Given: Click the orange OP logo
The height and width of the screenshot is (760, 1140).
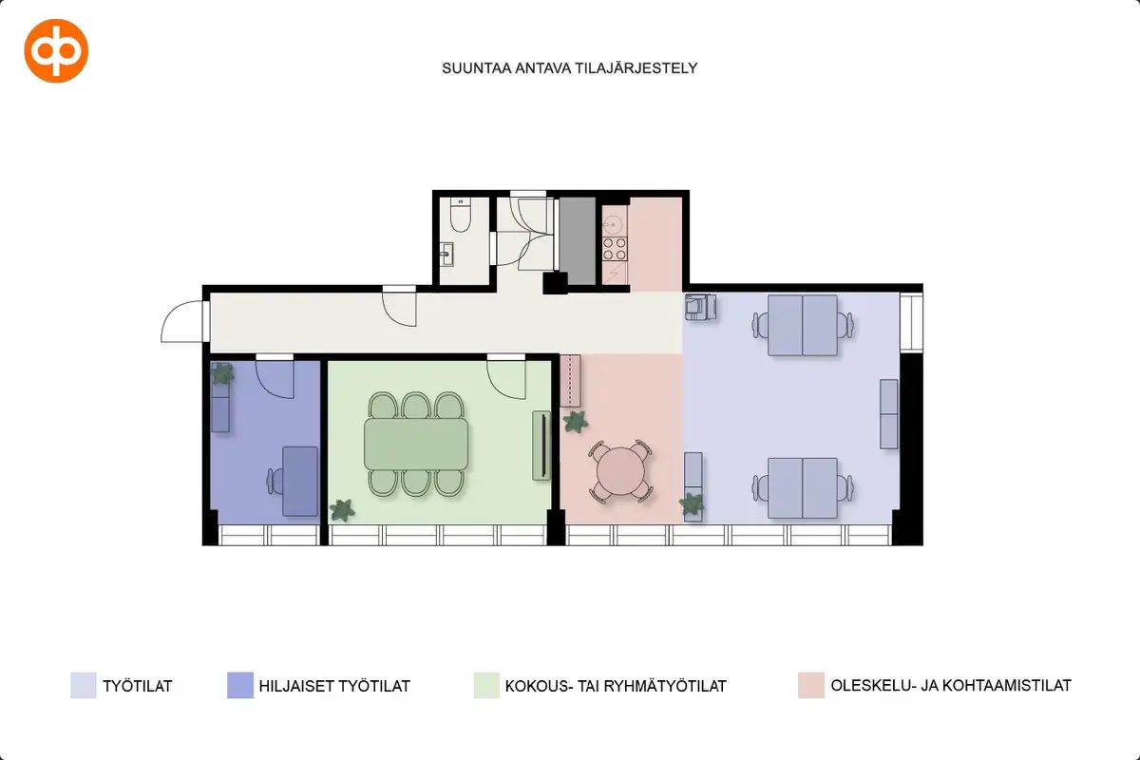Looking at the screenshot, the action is coord(56,51).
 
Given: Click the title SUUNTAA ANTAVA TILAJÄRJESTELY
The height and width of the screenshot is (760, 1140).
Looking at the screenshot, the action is coord(569,68).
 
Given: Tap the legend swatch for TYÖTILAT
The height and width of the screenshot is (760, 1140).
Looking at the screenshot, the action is coord(84,685).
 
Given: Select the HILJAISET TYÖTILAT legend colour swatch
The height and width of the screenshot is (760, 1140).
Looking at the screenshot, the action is coord(240,685).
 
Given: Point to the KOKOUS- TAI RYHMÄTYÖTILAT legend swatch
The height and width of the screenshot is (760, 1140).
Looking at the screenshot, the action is coord(486,685).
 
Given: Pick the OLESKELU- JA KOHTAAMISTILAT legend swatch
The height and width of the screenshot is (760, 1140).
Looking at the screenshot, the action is coord(810,685).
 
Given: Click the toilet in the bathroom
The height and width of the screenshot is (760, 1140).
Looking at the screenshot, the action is coord(460,216).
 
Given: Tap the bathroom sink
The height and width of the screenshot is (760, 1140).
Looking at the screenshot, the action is coord(446,254).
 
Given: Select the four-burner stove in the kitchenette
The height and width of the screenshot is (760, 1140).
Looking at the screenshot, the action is coord(615,249).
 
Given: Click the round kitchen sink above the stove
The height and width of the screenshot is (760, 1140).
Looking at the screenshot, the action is coord(614,224).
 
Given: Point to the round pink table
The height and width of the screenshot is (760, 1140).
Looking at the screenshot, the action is coord(620,471).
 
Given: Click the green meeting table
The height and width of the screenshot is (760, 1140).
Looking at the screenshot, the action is coord(416,444).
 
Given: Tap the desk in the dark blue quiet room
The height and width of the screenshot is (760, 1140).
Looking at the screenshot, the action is coord(300,481).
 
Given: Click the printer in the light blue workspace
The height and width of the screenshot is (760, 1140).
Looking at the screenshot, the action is coord(700,307).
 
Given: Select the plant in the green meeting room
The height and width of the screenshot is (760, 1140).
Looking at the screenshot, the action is coord(341,510).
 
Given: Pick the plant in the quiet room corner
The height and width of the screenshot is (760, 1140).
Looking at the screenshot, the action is coord(222,373).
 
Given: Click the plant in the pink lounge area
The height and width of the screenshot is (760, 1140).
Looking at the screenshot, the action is coord(576,422).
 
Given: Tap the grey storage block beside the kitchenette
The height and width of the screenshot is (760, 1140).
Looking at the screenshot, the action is coord(578,241).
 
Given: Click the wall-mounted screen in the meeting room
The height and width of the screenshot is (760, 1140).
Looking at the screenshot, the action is coord(541,446).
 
